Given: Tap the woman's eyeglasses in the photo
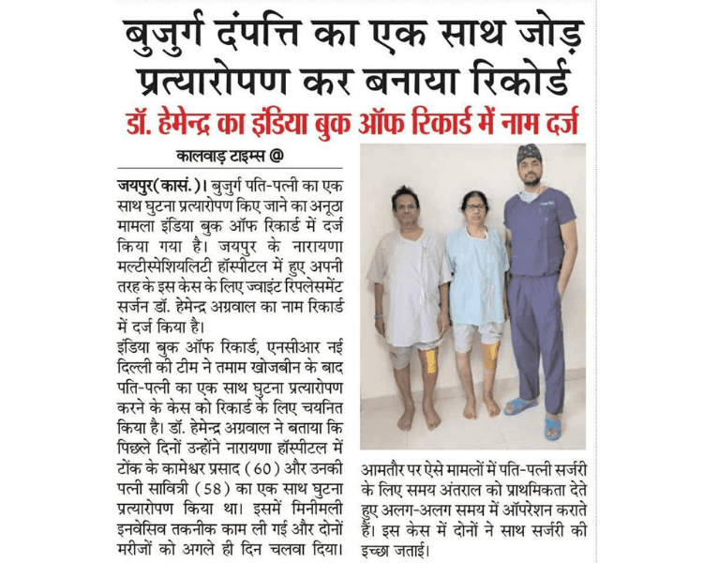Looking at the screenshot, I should [x=473, y=209].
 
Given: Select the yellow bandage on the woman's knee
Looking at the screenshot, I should [x=489, y=355].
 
